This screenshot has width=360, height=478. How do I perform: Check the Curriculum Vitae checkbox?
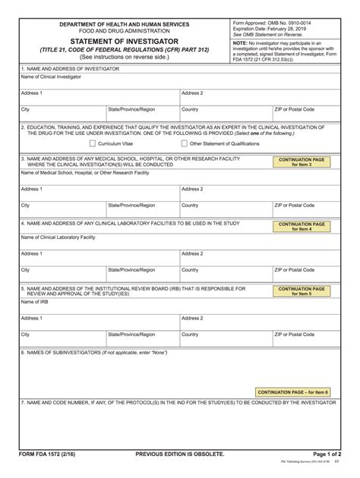pyautogui.click(x=93, y=143)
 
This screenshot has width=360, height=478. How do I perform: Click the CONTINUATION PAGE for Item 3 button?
pyautogui.click(x=302, y=162)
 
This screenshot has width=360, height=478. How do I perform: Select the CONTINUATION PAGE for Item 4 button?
pyautogui.click(x=302, y=227)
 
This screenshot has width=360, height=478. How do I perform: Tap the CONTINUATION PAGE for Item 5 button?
pyautogui.click(x=302, y=291)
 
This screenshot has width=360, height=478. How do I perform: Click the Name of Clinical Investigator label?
pyautogui.click(x=50, y=77)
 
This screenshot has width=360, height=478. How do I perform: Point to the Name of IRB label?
pyautogui.click(x=34, y=302)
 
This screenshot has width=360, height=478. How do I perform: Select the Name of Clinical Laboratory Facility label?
pyautogui.click(x=58, y=237)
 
